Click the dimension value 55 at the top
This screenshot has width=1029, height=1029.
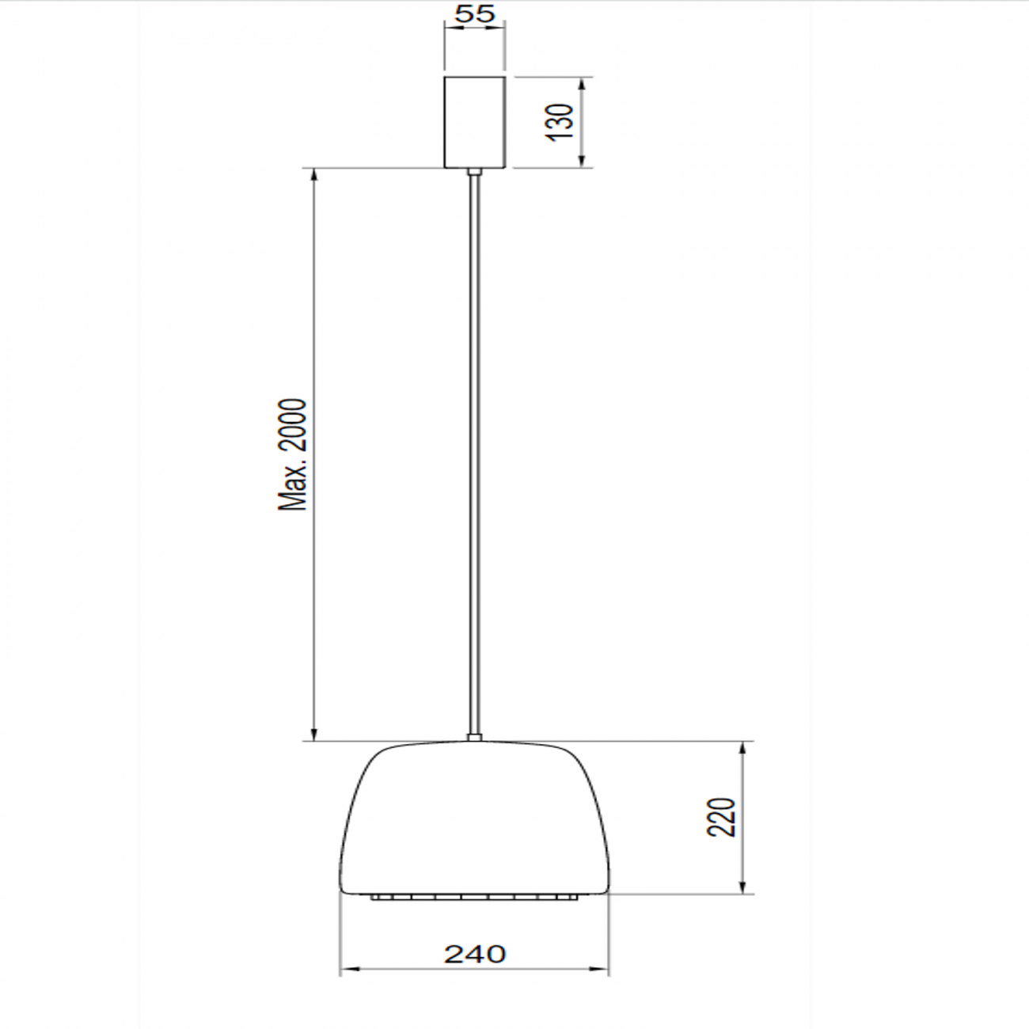coord(475,13)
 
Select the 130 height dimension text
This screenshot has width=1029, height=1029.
coord(560,121)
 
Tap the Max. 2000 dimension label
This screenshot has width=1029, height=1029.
coord(292,454)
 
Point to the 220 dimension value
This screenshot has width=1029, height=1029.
coord(722,817)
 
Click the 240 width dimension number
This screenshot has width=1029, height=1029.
coord(474,954)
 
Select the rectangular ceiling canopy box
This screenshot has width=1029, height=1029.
coord(474,122)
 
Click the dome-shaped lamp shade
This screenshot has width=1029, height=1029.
coord(474,815)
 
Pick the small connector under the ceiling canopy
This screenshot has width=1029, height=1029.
coord(473,171)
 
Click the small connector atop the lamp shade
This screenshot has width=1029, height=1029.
coord(473,737)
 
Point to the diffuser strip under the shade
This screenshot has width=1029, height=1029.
coord(474,898)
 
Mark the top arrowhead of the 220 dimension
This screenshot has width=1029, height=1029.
coord(743,749)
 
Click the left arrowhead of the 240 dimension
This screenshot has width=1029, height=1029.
coord(347,968)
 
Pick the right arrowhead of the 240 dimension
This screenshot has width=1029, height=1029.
coord(602,968)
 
